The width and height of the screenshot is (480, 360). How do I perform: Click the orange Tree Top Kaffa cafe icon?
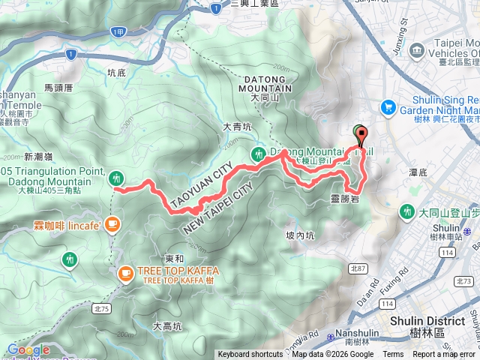click(125, 275)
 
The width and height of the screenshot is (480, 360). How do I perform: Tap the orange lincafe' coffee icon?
click(112, 223)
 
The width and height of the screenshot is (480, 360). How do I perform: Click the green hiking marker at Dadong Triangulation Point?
click(115, 178)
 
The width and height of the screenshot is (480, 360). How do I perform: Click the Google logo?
click(28, 349)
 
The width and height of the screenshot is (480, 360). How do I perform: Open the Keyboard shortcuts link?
click(250, 355)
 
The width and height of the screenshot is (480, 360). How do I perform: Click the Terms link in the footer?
click(393, 355)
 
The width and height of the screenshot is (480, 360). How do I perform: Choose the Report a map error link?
click(445, 355)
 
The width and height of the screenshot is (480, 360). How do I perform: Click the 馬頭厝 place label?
click(58, 88)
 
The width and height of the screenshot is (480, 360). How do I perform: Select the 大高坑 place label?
click(166, 326)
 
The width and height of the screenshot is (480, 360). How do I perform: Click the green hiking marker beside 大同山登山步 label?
click(408, 211)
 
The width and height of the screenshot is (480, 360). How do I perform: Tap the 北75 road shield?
click(102, 308)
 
